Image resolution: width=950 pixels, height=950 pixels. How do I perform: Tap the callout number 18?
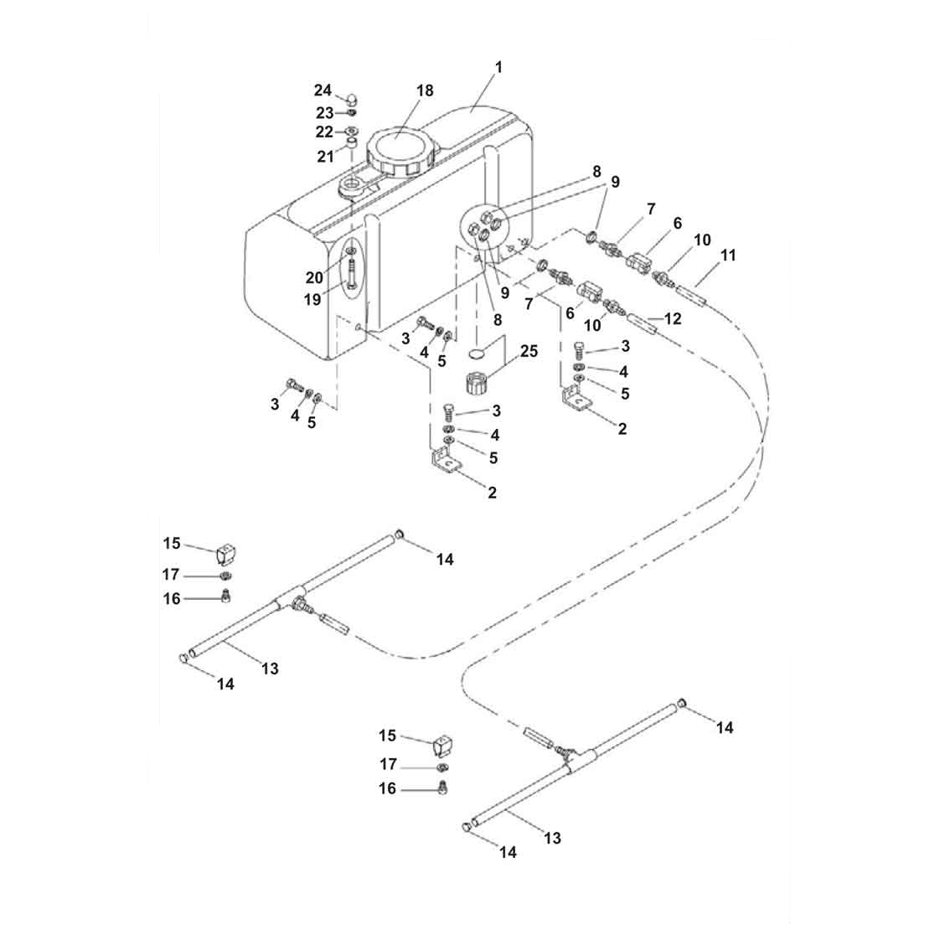coord(425,90)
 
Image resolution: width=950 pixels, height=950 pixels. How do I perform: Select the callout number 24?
coord(323,90)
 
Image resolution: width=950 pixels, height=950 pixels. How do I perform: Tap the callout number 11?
coord(728,255)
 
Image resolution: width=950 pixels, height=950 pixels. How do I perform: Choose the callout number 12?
coord(673,319)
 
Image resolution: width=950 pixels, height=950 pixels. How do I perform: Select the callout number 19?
coord(312,299)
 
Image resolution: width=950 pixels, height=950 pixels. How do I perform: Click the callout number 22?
coord(323,132)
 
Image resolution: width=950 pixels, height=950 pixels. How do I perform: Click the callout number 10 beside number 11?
coord(702,240)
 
